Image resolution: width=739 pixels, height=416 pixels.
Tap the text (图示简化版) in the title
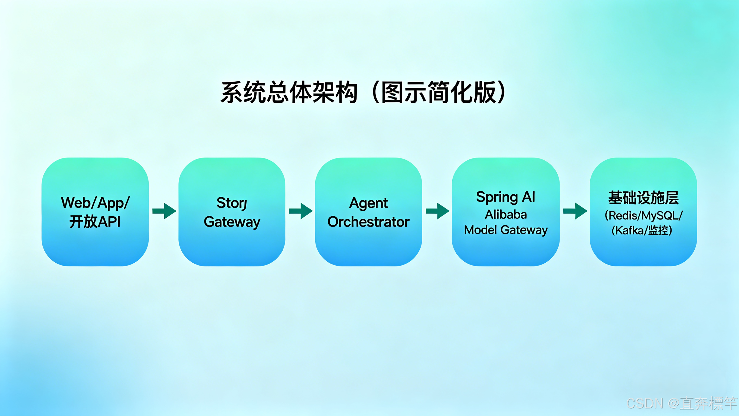click(x=439, y=92)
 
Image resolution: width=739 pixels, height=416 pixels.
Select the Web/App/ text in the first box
click(x=95, y=203)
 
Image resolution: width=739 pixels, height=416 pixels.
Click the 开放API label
click(x=95, y=222)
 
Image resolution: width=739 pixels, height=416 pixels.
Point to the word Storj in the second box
click(x=231, y=203)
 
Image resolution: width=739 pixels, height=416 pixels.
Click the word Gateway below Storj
click(x=232, y=222)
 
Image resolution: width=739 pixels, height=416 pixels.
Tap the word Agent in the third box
click(x=368, y=203)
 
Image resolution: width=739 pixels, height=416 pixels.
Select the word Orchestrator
click(x=368, y=222)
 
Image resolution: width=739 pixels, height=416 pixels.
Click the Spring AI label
click(x=505, y=197)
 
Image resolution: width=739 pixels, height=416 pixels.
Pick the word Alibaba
click(x=506, y=215)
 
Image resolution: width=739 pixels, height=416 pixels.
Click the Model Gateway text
click(x=506, y=230)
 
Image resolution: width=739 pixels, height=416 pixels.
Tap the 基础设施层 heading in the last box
click(x=643, y=198)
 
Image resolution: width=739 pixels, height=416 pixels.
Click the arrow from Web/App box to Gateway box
click(x=164, y=211)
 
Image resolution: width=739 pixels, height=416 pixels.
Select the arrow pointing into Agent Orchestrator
click(x=301, y=211)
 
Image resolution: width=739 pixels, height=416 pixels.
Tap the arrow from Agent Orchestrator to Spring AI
click(x=437, y=211)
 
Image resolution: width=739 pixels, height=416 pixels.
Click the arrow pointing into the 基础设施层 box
click(x=575, y=211)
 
